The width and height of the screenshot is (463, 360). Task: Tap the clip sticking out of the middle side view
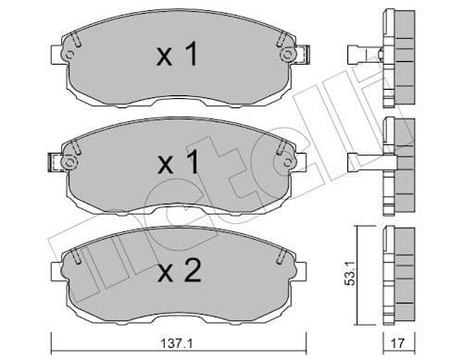tap(364, 161)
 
